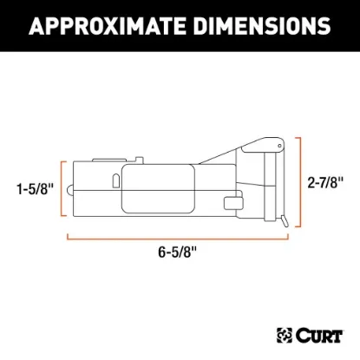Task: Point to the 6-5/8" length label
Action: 178,252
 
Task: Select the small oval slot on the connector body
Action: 114,180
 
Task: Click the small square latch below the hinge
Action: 231,204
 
